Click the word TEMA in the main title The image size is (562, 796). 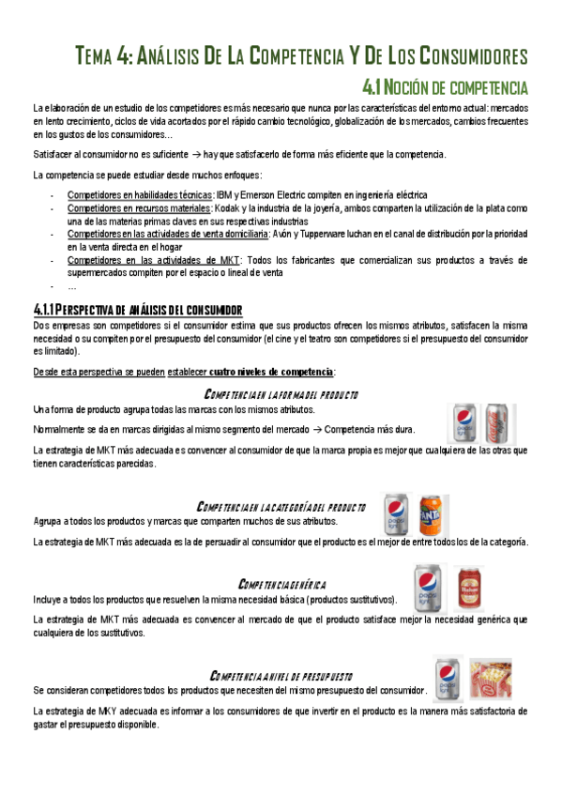point(95,55)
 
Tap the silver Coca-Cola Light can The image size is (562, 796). point(498,423)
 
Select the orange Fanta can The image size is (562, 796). point(430,514)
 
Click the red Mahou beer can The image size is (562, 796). point(469,589)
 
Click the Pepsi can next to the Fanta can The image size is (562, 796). point(398,514)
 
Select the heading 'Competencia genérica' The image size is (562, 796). point(282,584)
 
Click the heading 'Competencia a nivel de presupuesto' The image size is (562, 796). point(281,676)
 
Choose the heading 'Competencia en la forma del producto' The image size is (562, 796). point(281,393)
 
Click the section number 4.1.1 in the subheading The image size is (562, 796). point(45,310)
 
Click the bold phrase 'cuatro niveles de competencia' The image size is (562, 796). point(271,372)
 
